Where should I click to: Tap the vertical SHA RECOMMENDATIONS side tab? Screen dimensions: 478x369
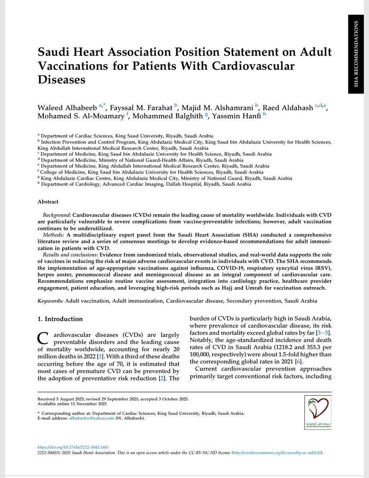coord(355,54)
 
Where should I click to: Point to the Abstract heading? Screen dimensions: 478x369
coord(48,202)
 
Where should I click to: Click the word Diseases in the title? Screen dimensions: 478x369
coord(61,79)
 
